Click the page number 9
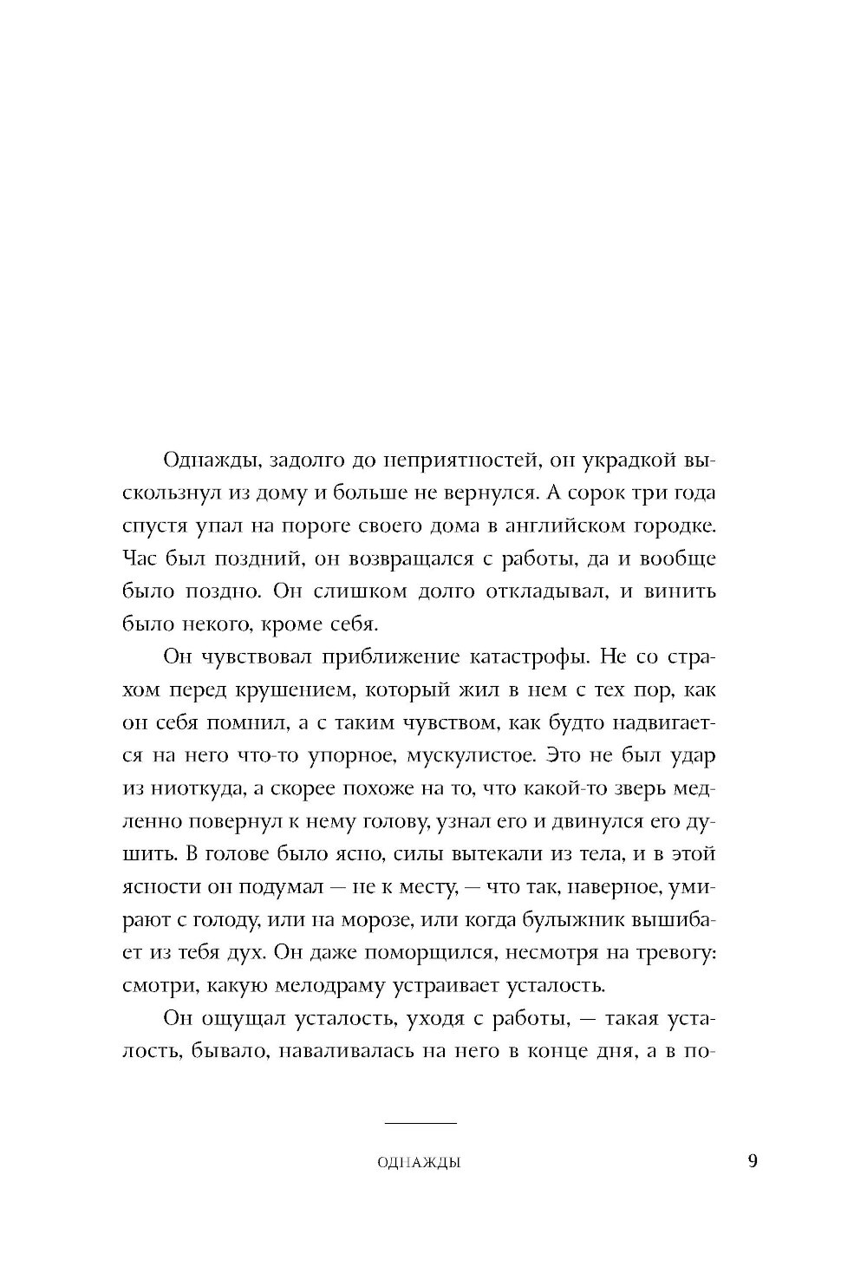pyautogui.click(x=752, y=1160)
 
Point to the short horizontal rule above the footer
pyautogui.click(x=420, y=1124)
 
